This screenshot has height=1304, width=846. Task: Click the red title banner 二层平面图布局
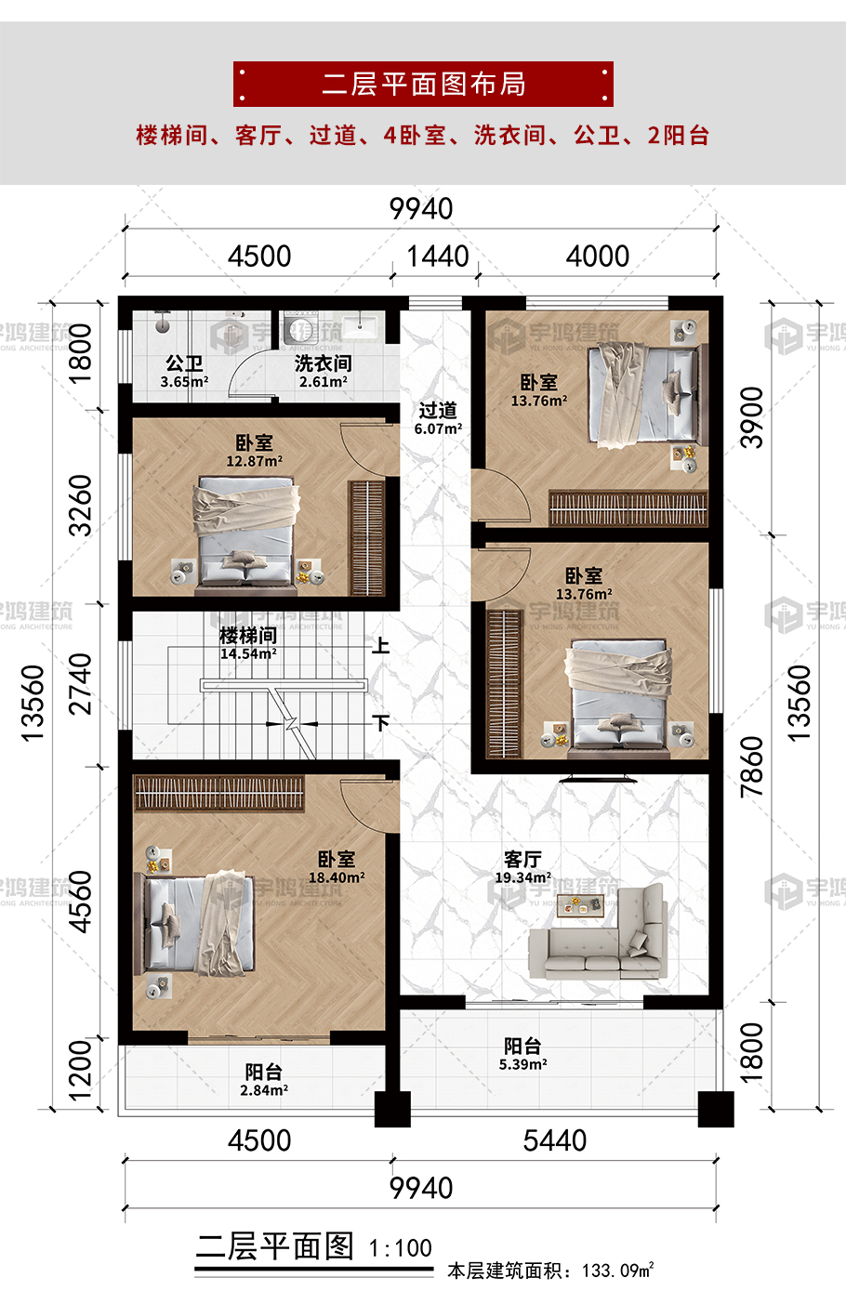point(423,84)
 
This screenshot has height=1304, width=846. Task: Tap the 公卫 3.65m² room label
point(185,372)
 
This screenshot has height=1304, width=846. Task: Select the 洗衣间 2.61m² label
point(324,372)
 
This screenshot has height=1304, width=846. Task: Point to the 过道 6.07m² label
point(438,418)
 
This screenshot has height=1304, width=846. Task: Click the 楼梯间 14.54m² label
point(248,644)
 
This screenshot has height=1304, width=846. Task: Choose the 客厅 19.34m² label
point(522,867)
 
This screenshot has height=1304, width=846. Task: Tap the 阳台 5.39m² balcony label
point(522,1054)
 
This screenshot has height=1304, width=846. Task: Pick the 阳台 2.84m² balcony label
point(264,1080)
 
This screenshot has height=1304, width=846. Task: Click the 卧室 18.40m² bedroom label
point(337,867)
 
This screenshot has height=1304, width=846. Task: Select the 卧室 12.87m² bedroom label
point(255,451)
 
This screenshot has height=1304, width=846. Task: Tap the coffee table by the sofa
point(581,906)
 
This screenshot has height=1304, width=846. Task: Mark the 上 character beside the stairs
point(381,646)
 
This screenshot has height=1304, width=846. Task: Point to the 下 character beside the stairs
point(381,724)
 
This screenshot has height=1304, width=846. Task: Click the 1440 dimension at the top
point(437,257)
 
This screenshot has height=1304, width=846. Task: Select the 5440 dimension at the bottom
point(554,1140)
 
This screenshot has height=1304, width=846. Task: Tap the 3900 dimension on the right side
point(752,417)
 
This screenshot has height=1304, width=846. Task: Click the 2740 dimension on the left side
point(80,684)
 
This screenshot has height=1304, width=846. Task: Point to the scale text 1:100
point(401,1248)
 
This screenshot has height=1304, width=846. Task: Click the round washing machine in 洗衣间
point(301,328)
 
